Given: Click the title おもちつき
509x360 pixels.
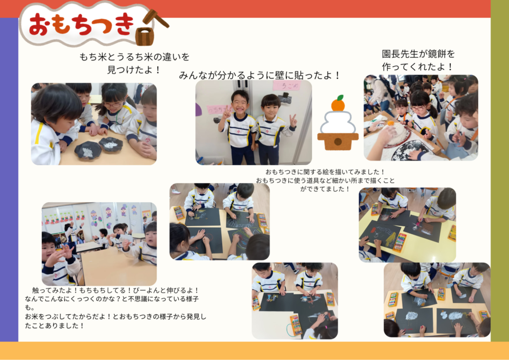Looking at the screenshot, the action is (81, 24).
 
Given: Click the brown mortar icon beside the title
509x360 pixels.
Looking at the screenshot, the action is (144, 36).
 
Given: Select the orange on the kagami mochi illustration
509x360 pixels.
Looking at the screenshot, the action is (338, 103).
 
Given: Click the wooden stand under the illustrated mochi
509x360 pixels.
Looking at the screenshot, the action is (338, 141).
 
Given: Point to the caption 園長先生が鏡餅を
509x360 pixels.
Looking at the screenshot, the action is (418, 54).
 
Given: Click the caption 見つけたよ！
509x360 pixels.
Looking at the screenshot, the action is (134, 70).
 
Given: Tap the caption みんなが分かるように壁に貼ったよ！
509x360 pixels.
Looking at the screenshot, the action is (259, 76).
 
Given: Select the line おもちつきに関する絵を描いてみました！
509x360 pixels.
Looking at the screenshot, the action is (325, 172).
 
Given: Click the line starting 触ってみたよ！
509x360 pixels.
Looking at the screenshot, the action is (115, 290).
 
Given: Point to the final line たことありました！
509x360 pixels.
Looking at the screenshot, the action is (55, 326).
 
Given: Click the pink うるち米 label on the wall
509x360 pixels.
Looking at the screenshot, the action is (287, 86).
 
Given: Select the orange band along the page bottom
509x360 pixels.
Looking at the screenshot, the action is (254, 351).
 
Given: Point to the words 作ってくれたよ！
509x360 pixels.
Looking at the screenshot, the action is (418, 67).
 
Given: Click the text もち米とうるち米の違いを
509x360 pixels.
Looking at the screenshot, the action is (134, 57).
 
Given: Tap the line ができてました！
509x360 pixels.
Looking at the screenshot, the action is (325, 189).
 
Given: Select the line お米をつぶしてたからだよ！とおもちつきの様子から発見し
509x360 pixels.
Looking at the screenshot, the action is (115, 317).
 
